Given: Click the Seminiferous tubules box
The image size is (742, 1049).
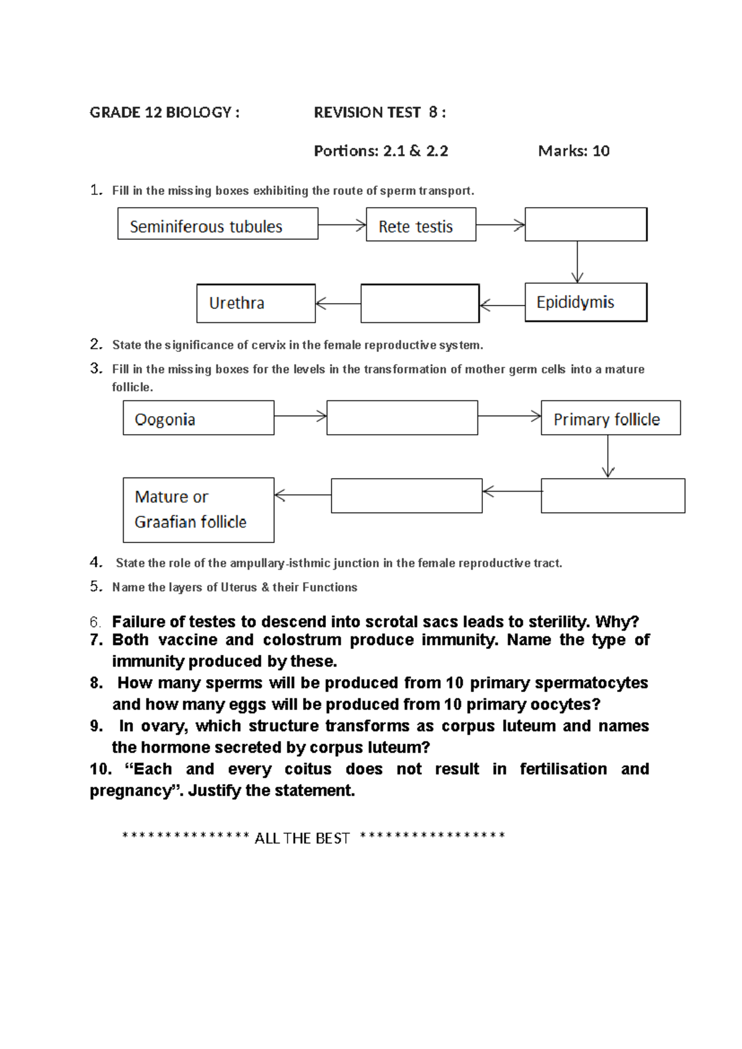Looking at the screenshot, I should pos(218,224).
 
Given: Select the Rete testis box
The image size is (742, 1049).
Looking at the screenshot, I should pos(420,225).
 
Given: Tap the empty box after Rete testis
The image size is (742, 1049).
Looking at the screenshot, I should pos(586,225).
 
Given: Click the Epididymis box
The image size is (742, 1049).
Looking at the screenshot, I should pos(586,302).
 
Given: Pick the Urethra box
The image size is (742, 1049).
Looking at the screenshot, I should pos(255,304).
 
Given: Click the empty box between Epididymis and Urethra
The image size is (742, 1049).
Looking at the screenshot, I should pos(420,304).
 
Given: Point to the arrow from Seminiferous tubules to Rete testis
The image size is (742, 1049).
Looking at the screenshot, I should pos(342,225).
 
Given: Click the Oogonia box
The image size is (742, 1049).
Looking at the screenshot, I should pos(198,418).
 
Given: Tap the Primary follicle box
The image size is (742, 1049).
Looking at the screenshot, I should pos(610,418).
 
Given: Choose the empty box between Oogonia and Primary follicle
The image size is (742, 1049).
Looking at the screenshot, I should pos(402,418).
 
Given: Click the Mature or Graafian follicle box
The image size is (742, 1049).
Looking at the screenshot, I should pos(198,510).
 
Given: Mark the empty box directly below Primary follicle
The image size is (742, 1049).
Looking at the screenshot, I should pos(613,495).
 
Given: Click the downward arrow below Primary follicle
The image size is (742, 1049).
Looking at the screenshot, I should pos(608,456).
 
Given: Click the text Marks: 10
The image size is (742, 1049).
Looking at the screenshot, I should pos(574,151).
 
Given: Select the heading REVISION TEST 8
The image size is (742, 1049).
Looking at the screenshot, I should pos(379,113).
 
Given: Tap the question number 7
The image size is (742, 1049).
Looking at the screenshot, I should pos(96,640).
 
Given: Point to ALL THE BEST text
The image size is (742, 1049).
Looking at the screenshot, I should pos(302,838).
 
